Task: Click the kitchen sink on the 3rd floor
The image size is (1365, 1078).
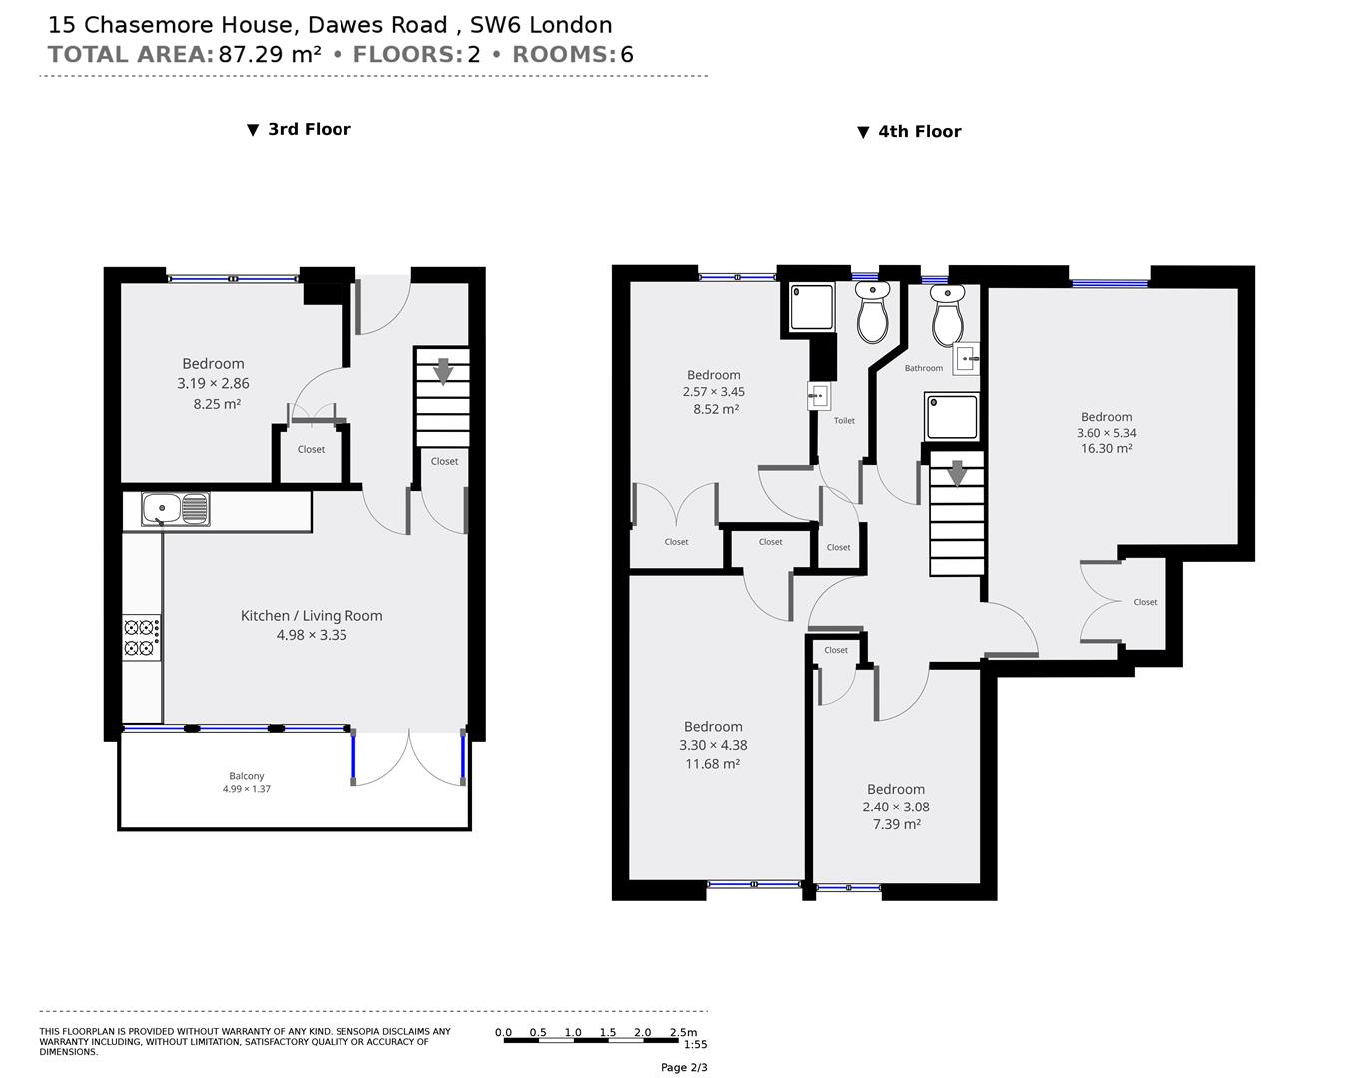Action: [175, 509]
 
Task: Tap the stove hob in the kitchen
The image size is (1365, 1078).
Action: [141, 638]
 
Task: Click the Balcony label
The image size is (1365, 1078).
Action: [247, 776]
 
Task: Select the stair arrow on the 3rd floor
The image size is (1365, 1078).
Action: [443, 370]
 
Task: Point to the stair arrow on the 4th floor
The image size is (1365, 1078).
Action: [957, 473]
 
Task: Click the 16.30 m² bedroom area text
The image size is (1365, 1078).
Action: [1106, 449]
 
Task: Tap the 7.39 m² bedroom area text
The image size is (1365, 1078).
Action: [895, 825]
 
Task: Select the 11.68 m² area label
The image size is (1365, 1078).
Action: [713, 764]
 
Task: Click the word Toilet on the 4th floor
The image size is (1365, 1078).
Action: [844, 421]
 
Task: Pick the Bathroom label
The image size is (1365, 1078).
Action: [923, 368]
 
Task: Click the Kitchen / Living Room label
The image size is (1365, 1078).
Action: [312, 616]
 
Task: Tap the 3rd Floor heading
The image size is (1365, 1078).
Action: [309, 129]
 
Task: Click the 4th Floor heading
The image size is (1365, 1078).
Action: [919, 132]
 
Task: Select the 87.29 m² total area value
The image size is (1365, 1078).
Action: [270, 54]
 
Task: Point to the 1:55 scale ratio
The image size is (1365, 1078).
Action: [695, 1045]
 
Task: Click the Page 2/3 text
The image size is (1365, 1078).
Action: [684, 1067]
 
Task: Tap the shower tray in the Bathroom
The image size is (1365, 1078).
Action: [951, 417]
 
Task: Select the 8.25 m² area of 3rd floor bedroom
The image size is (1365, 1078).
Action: [217, 404]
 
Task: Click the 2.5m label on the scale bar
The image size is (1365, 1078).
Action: [683, 1032]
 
